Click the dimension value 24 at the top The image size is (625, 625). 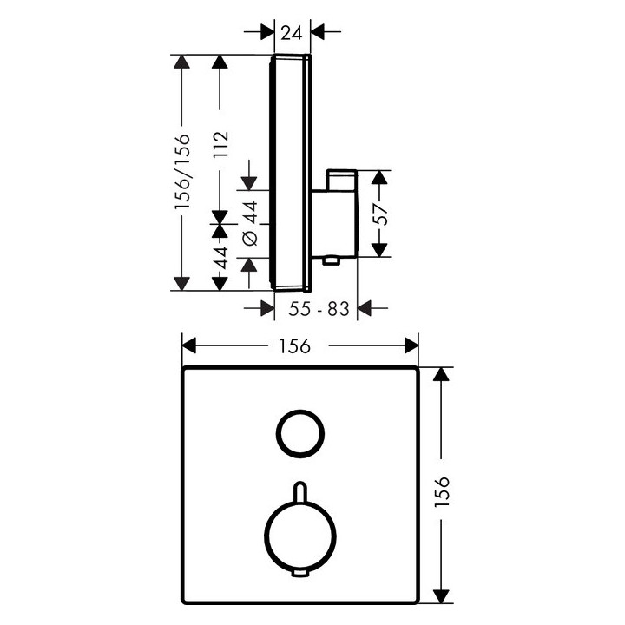[x=292, y=32]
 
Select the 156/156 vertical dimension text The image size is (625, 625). [x=182, y=171]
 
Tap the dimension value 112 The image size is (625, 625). [x=220, y=144]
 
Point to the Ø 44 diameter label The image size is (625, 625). [x=251, y=223]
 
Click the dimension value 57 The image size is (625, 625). [x=381, y=214]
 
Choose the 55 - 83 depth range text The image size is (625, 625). [x=319, y=309]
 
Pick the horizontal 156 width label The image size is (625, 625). [x=294, y=346]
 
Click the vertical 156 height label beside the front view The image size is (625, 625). [x=442, y=491]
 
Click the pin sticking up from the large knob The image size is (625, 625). [x=299, y=492]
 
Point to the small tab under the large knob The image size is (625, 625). [x=299, y=574]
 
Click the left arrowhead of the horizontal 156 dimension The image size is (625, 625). [x=189, y=345]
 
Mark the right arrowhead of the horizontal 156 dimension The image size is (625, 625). [x=411, y=345]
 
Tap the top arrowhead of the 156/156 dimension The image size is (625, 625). [x=181, y=62]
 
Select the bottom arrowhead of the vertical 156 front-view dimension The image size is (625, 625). [x=441, y=596]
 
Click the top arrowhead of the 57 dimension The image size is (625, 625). [x=379, y=177]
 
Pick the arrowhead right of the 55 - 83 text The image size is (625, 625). [x=365, y=308]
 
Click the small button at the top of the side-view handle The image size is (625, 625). [x=341, y=180]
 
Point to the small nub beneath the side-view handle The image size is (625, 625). [x=331, y=261]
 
